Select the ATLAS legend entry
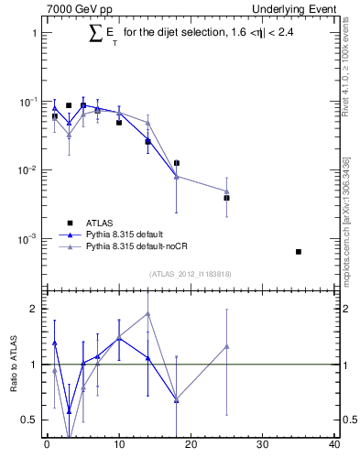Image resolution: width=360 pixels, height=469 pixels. (x=100, y=223)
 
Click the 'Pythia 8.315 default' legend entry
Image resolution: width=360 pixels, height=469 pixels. (x=127, y=234)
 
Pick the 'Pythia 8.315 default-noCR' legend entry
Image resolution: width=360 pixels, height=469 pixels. (x=138, y=246)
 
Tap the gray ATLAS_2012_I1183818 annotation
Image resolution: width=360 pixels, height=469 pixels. (x=191, y=274)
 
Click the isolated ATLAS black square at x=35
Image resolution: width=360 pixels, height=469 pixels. (x=299, y=251)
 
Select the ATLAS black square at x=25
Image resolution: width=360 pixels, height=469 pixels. (x=226, y=198)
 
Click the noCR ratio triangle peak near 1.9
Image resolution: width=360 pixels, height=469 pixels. (x=147, y=314)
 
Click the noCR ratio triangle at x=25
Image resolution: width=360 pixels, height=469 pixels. (x=226, y=346)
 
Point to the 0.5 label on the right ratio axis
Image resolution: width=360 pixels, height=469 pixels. (x=346, y=420)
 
